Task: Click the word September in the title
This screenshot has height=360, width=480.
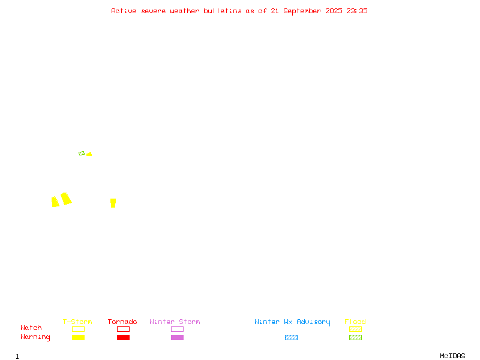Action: click(x=302, y=11)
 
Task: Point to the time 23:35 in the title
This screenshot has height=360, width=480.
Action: click(x=357, y=11)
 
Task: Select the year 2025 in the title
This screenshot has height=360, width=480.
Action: click(x=334, y=11)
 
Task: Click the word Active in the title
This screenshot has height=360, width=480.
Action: click(x=124, y=11)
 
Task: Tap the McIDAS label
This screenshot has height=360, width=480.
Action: click(x=452, y=356)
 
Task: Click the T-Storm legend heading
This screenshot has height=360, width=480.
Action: click(x=77, y=322)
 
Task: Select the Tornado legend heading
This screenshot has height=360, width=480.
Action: click(x=122, y=322)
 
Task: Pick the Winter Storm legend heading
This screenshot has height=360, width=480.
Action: click(x=175, y=322)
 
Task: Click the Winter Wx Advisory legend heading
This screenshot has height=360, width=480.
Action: click(x=292, y=322)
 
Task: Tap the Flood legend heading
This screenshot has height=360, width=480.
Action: click(x=355, y=322)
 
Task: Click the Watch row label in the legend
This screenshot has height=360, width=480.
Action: click(x=31, y=328)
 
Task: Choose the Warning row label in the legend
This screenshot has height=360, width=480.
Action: click(x=35, y=337)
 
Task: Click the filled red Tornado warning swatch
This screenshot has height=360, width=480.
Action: click(x=123, y=337)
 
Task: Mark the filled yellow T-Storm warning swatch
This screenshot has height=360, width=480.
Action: click(x=79, y=337)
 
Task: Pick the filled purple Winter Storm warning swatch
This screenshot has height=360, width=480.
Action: click(x=177, y=337)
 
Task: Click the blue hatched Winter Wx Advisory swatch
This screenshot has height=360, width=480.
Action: click(x=291, y=337)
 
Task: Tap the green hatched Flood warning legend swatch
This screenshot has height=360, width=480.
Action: click(x=355, y=337)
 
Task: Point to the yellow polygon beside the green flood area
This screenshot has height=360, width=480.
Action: click(x=89, y=154)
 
